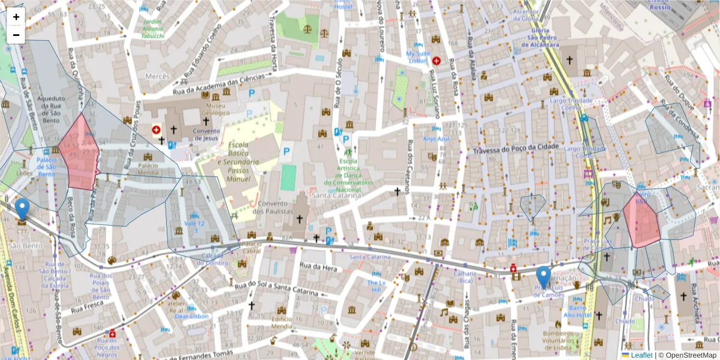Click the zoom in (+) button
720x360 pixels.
[x=16, y=17]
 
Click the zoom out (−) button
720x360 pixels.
[x=16, y=35]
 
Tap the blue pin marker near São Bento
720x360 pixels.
[x=22, y=209]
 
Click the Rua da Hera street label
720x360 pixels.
[x=316, y=266]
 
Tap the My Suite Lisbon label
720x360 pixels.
[x=418, y=57]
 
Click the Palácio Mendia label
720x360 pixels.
[x=148, y=169]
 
